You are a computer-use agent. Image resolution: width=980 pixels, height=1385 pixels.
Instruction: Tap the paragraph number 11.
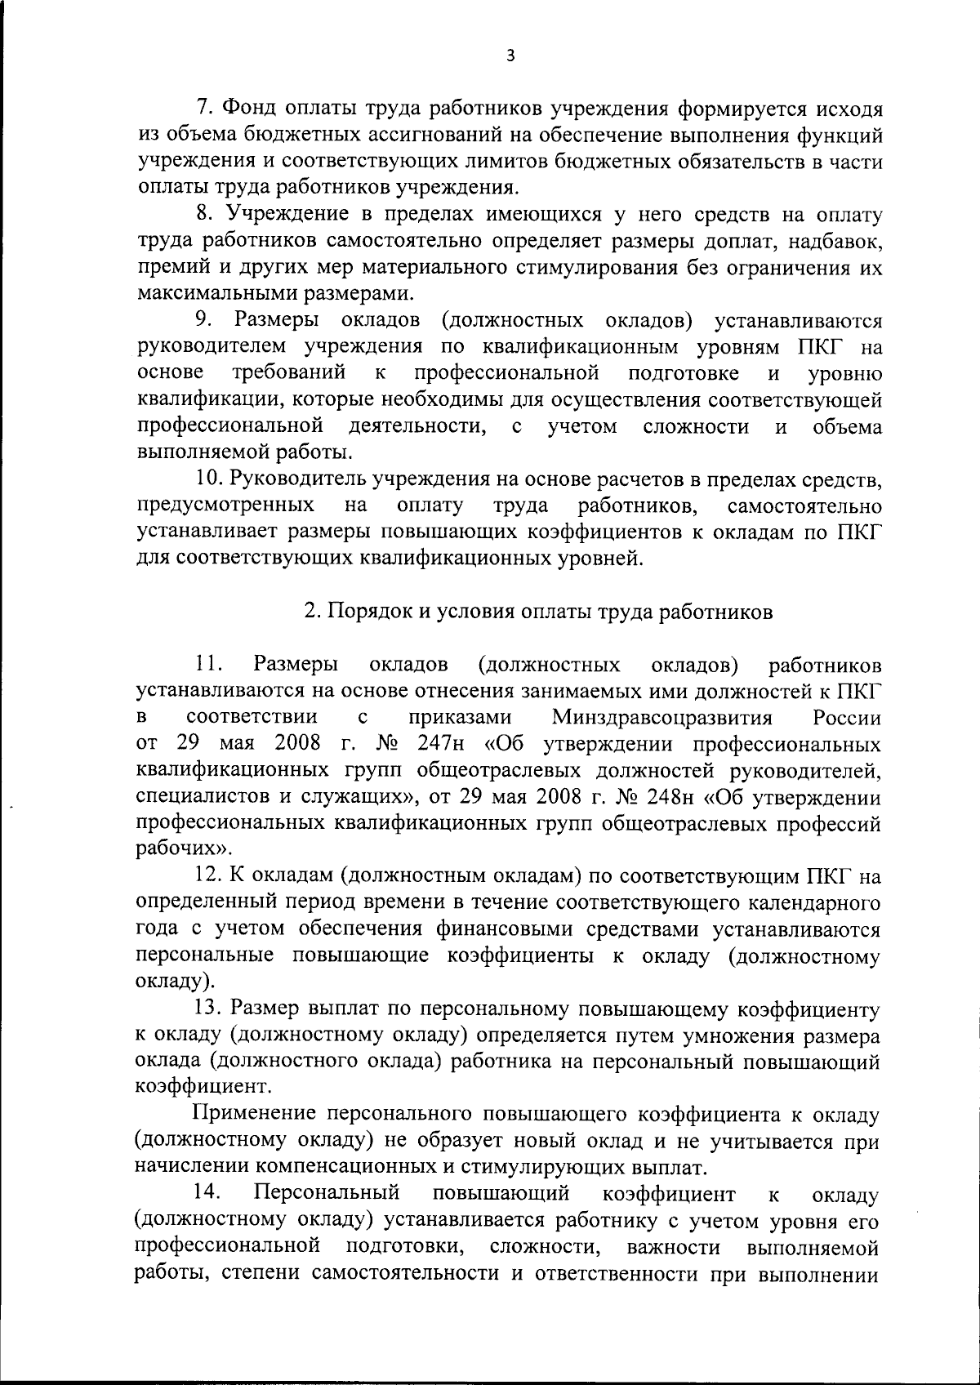pos(207,665)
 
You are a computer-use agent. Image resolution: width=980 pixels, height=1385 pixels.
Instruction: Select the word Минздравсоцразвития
pos(662,719)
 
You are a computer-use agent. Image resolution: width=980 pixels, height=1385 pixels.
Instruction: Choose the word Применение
pos(254,1116)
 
